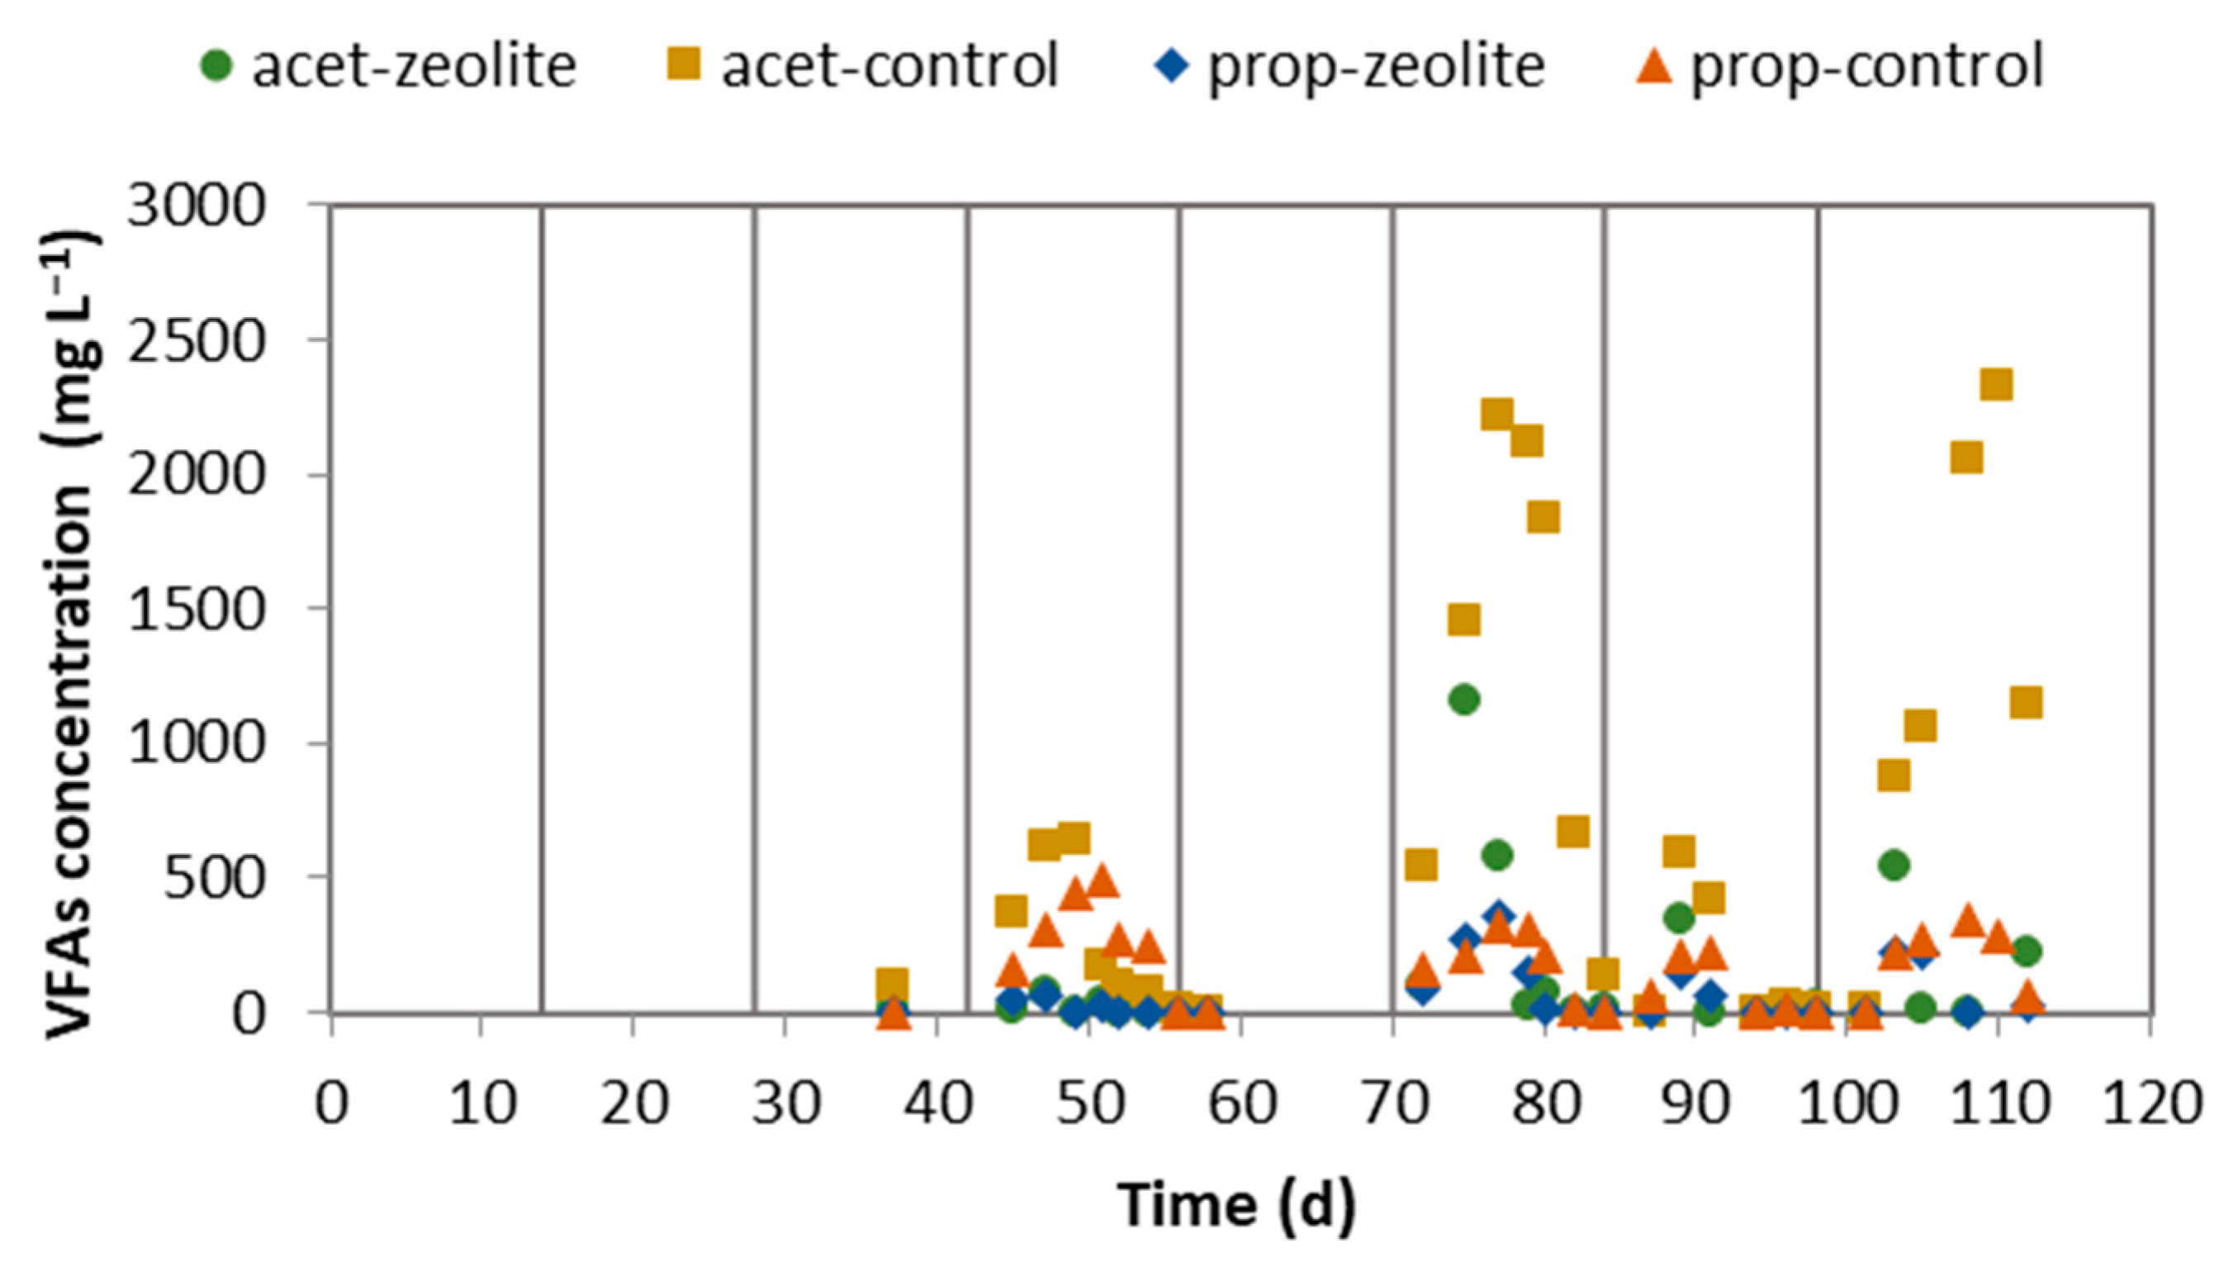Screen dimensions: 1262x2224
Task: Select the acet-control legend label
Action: point(862,66)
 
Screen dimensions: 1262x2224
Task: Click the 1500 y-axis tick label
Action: point(195,610)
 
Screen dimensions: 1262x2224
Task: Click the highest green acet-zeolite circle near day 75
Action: point(1464,700)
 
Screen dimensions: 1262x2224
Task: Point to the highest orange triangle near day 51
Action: point(1103,880)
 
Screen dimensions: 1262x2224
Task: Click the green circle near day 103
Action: point(1894,864)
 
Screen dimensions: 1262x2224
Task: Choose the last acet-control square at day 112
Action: point(2027,702)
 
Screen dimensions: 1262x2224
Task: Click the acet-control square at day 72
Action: point(1421,864)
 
